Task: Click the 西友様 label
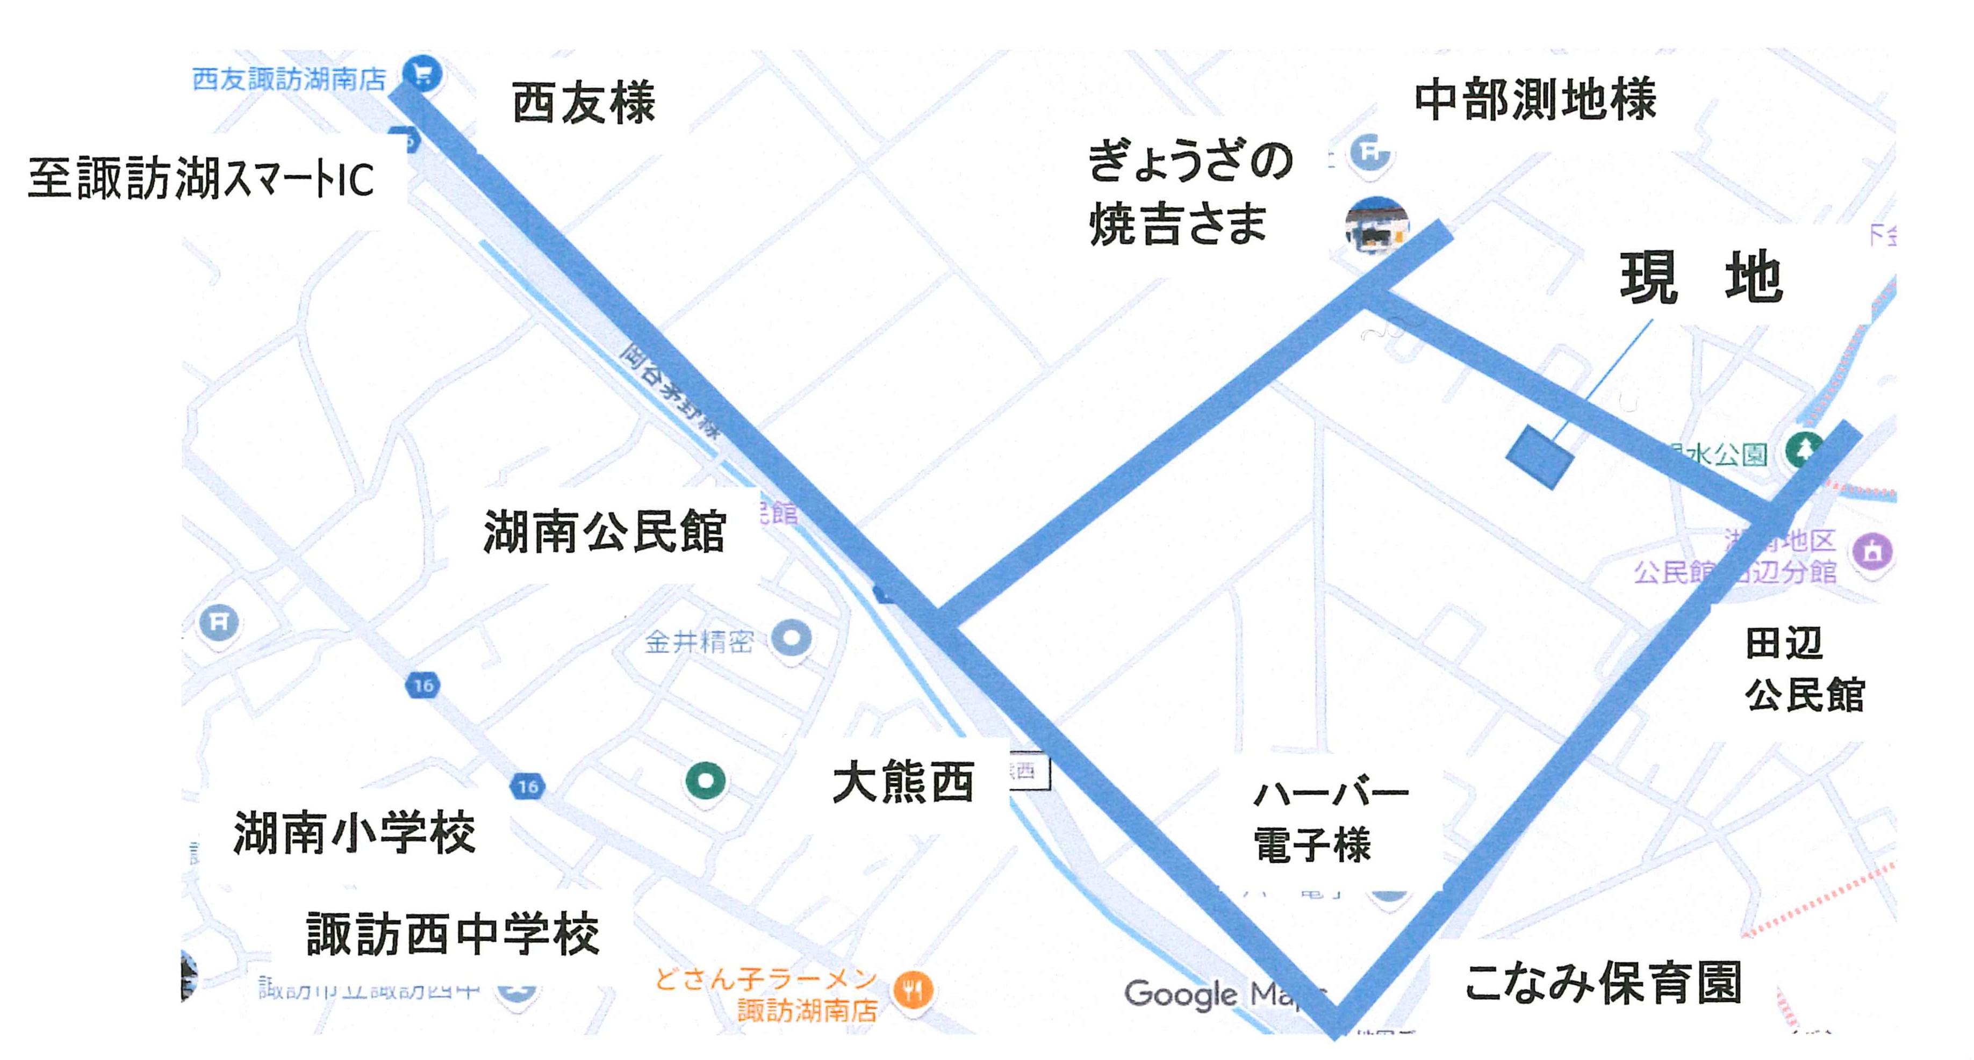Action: click(x=583, y=103)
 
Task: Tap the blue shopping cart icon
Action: click(x=423, y=74)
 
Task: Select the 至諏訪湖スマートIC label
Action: click(x=201, y=178)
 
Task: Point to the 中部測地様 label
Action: click(x=1535, y=99)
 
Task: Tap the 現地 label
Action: click(x=1701, y=278)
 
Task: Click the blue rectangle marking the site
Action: click(x=1540, y=457)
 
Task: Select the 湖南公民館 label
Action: click(x=604, y=531)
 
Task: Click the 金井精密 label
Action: click(x=699, y=641)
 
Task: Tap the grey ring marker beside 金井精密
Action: click(x=791, y=637)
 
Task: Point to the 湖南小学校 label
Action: click(x=354, y=833)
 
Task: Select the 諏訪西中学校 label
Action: click(x=452, y=934)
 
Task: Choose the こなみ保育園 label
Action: click(x=1603, y=983)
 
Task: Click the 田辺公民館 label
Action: click(x=1804, y=669)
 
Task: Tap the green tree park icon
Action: click(x=1803, y=450)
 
